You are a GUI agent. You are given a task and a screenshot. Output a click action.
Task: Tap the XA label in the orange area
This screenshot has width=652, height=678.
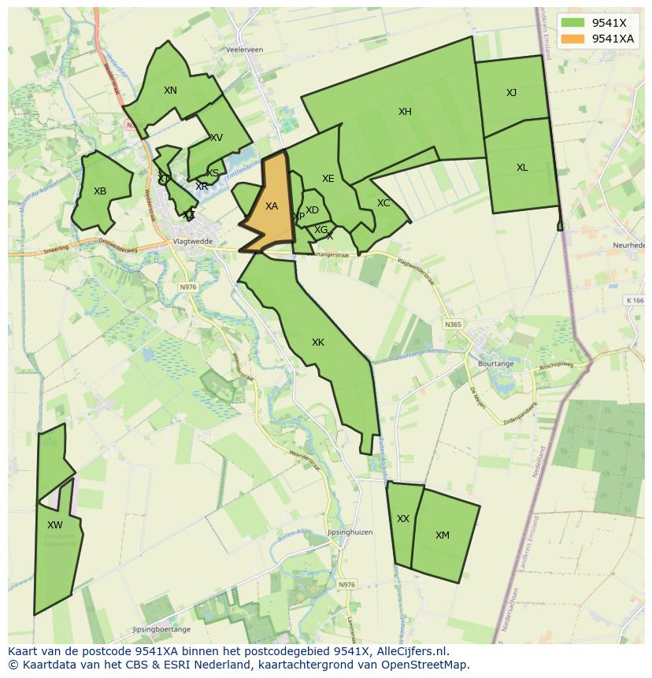[272, 206]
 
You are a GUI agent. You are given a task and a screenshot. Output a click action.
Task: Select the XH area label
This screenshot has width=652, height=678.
[405, 112]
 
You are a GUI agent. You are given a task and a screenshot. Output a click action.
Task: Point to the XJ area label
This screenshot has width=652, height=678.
[512, 93]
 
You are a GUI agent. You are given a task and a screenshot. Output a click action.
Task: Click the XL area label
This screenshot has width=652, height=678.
[522, 168]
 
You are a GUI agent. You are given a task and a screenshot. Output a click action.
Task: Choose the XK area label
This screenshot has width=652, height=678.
[318, 343]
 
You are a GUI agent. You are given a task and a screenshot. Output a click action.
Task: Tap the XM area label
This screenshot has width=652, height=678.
[443, 535]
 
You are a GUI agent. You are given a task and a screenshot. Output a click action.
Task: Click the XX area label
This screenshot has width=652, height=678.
[403, 519]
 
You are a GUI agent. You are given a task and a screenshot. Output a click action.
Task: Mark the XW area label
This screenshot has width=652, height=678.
[54, 525]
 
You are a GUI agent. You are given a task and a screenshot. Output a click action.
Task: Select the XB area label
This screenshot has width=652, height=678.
[100, 191]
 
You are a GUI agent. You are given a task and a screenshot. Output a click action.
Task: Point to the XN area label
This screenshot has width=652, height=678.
[170, 91]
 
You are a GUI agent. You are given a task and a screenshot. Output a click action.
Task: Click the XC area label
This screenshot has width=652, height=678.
[383, 203]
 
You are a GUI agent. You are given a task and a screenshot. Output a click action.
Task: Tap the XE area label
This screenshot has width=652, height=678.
[328, 179]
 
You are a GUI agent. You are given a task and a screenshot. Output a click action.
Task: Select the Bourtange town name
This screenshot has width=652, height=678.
[495, 364]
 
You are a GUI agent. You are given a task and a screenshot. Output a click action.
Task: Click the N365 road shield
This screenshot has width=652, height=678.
[453, 324]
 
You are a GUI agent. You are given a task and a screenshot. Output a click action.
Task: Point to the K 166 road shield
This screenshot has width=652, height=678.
[635, 300]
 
